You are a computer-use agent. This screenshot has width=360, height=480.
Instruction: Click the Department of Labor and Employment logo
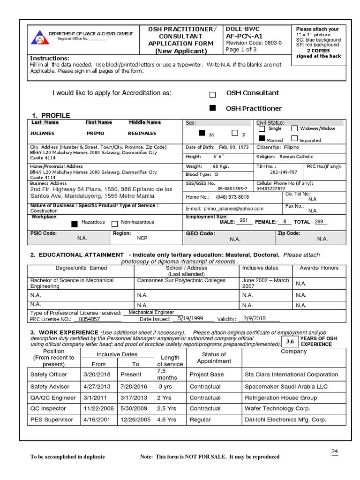pos(40,37)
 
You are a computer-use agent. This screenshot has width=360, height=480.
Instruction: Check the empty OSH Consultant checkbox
pos(213,94)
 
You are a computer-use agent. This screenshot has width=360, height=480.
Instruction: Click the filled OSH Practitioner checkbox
pos(213,108)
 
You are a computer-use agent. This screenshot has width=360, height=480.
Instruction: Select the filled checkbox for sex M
pos(202,134)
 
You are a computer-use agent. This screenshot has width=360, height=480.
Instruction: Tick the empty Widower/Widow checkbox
pos(294,128)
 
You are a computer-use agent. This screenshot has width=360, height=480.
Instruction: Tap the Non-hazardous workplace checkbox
pos(115,224)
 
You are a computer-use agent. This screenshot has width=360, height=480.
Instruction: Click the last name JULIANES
pos(43,133)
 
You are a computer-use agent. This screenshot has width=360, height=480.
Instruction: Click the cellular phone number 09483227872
pos(271,188)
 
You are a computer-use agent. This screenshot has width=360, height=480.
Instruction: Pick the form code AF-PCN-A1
pos(244,35)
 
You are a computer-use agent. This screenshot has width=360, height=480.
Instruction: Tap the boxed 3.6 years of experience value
pos(290,341)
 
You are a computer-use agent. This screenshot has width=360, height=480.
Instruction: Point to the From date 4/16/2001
pos(95,420)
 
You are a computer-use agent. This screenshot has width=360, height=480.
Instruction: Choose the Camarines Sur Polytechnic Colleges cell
pos(181,281)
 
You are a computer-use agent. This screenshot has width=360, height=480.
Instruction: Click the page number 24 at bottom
pos(334,451)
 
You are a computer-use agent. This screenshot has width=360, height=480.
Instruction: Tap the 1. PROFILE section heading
pos(51,115)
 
